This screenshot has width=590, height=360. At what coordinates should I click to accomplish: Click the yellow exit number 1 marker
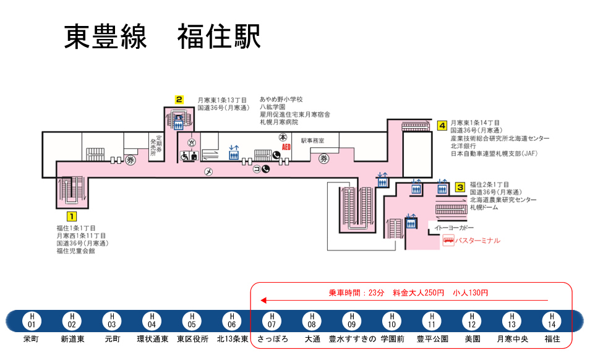[71, 216]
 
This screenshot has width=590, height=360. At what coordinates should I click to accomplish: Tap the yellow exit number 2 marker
[179, 99]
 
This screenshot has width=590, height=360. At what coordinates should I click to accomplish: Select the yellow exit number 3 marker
[460, 186]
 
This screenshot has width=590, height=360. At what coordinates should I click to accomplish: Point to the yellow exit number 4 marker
[442, 126]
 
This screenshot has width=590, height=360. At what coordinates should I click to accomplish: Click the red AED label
[286, 147]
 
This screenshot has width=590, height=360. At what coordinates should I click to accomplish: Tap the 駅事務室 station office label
[312, 141]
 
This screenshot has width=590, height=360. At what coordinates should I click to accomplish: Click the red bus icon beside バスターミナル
[448, 241]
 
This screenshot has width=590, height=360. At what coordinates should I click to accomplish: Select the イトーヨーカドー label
[455, 228]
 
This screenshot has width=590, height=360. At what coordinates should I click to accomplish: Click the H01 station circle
[32, 320]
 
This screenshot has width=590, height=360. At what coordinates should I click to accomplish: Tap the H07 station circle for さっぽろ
[271, 320]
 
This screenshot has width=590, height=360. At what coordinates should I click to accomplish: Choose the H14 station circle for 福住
[552, 320]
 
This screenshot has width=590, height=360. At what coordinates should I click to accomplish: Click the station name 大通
[312, 339]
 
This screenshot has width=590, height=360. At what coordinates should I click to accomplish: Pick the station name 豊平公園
[432, 339]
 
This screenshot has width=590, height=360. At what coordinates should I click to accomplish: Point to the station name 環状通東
[152, 339]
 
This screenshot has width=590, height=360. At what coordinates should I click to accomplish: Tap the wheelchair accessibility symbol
[184, 156]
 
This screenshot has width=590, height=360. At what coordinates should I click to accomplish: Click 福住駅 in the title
[219, 37]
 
